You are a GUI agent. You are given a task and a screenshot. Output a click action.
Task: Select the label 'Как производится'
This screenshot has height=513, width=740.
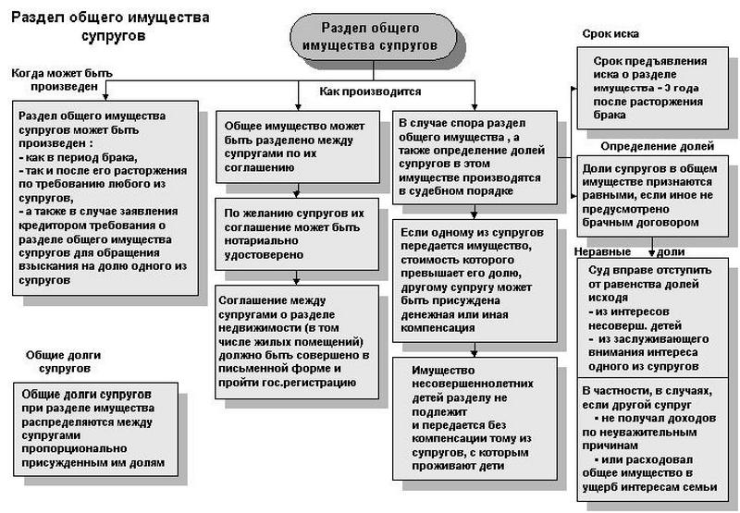click(x=370, y=92)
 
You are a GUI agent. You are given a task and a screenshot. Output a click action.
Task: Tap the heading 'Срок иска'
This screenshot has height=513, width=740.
click(x=611, y=33)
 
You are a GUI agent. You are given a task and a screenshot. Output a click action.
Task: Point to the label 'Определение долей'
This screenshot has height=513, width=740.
click(x=657, y=146)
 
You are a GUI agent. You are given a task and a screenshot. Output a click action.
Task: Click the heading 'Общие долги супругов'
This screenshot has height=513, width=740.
click(x=63, y=361)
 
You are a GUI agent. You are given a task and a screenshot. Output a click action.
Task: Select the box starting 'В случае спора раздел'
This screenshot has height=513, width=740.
click(x=475, y=157)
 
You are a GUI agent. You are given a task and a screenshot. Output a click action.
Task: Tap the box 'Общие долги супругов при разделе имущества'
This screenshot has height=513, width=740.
click(x=92, y=426)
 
